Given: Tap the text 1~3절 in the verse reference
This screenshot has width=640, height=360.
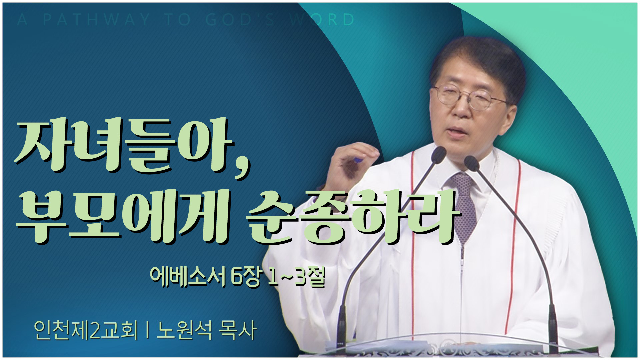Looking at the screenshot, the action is pos(296,277).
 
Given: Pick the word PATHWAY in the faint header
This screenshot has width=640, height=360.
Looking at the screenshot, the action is pos(96,20).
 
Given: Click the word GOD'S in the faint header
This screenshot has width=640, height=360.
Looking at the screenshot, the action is pos(240,20).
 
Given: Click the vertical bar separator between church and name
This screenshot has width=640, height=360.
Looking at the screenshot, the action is pos(147,330).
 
